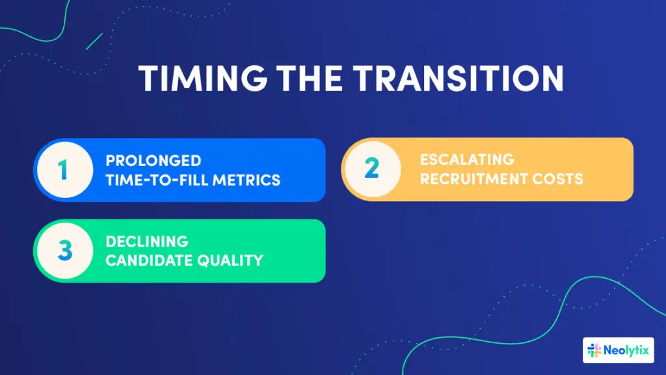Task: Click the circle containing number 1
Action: point(62,171)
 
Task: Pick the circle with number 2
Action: point(371,169)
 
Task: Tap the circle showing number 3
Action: point(63,251)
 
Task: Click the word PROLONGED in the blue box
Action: point(153,161)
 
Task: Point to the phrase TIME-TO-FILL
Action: point(155,180)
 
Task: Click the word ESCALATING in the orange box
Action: point(467,160)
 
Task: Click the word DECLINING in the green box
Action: point(147,242)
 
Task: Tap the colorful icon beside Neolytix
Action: point(594,350)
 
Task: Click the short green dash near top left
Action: point(94,41)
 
